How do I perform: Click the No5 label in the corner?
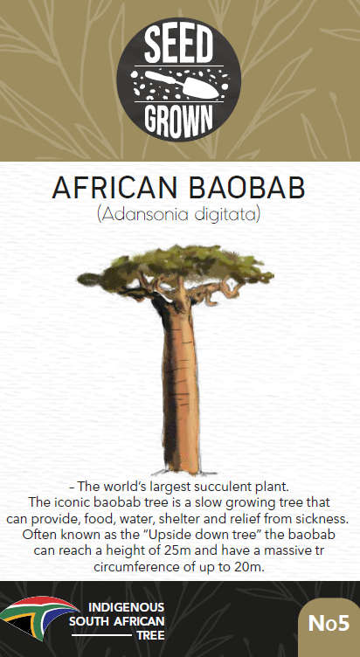coord(329,623)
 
